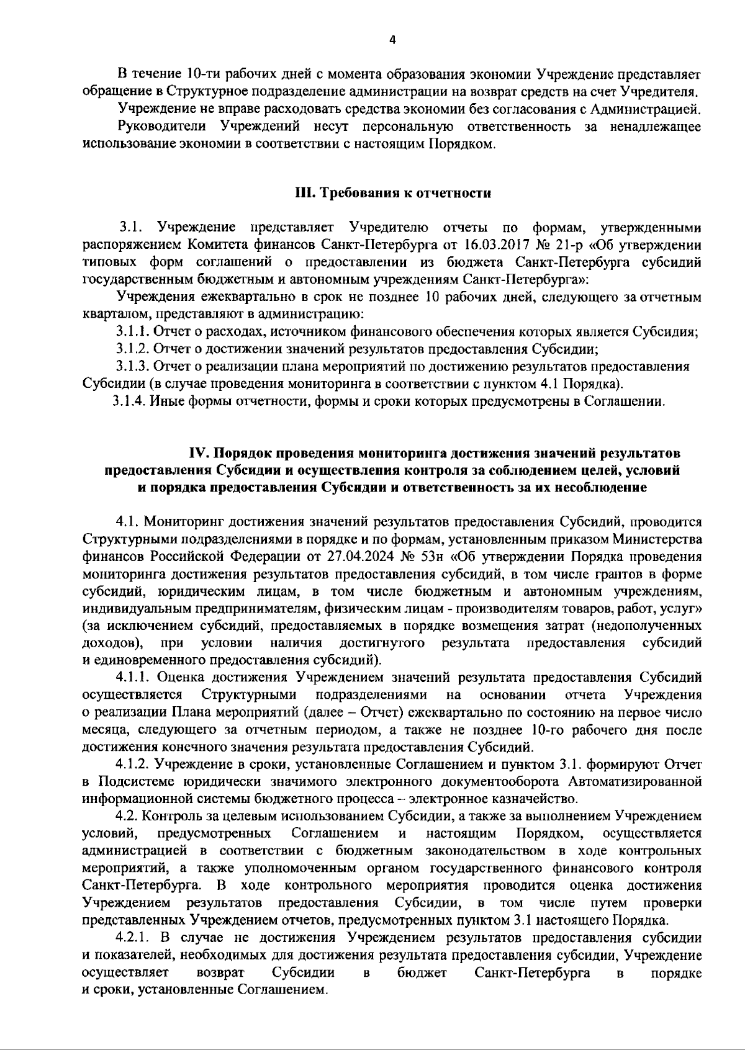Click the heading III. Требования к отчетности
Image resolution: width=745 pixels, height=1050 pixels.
point(392,194)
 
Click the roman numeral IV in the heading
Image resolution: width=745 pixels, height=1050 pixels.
point(199,452)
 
